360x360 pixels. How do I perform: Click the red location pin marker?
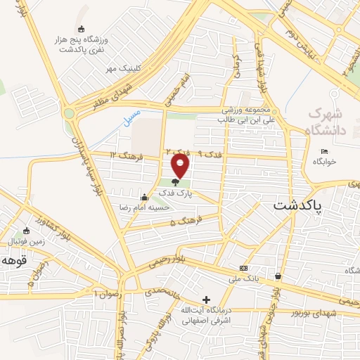(181, 165)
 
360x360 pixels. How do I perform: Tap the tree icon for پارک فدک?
(175, 182)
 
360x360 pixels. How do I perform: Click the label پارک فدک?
(175, 192)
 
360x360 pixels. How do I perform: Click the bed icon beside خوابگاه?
(324, 151)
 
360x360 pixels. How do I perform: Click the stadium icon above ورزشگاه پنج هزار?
(81, 29)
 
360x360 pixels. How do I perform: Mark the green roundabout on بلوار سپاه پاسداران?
(69, 112)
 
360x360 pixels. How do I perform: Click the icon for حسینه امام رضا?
(144, 197)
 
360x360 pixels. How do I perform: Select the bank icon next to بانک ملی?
(243, 269)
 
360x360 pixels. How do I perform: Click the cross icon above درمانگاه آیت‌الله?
(206, 300)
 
